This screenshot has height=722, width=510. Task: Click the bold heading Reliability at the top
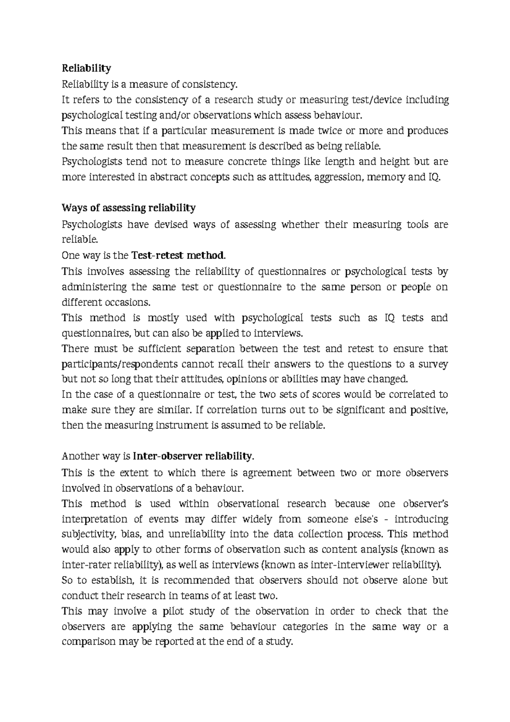click(86, 68)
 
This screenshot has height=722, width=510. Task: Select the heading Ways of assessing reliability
click(129, 208)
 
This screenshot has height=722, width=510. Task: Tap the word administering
click(94, 287)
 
